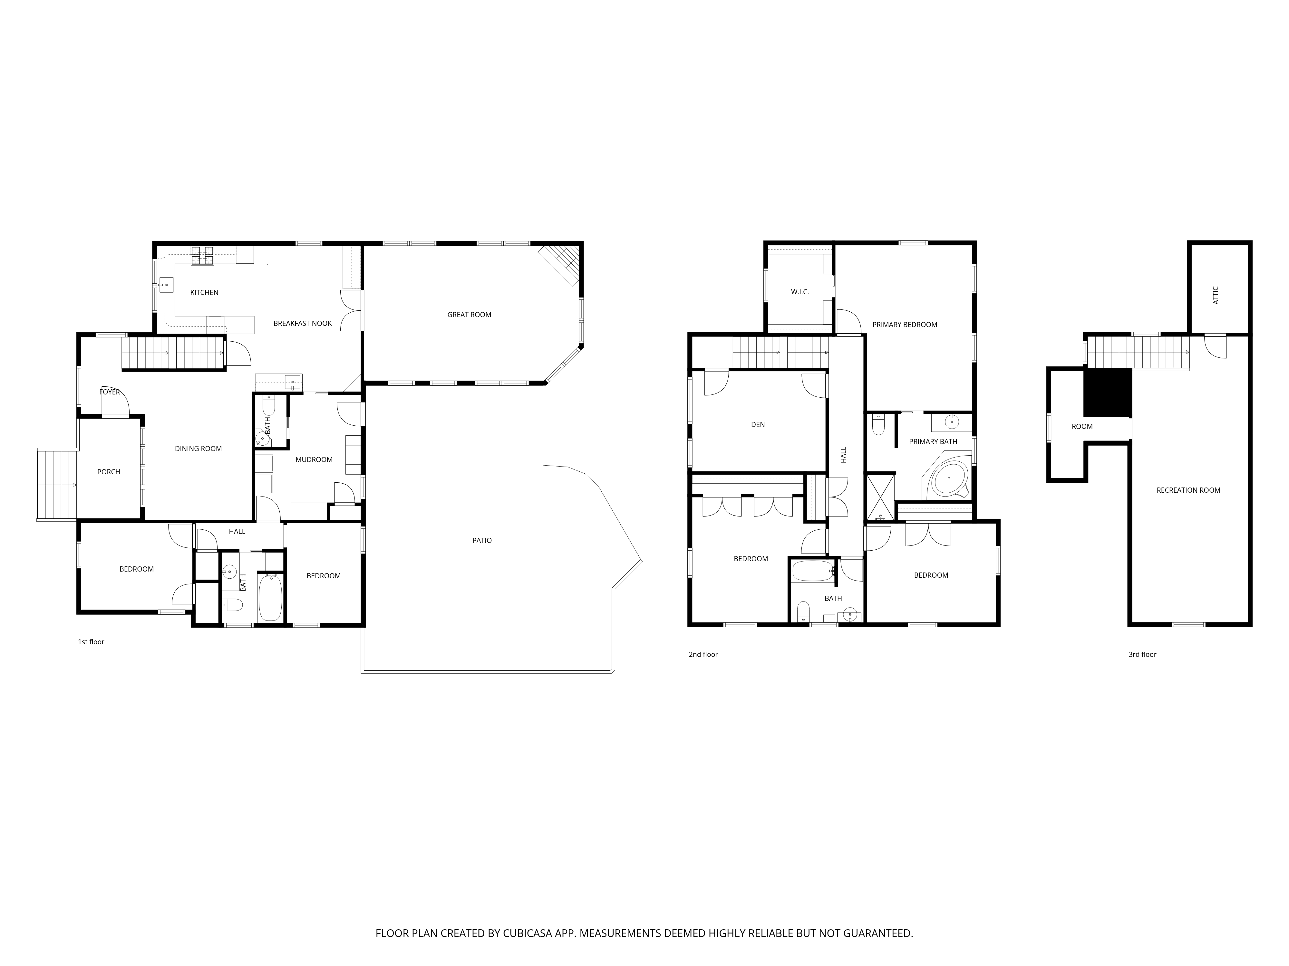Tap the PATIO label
click(482, 540)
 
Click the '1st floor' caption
click(91, 642)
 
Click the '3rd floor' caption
click(1142, 655)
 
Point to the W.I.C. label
click(800, 292)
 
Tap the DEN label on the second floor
click(758, 424)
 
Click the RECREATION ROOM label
click(1188, 490)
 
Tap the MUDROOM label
click(314, 459)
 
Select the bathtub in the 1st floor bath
click(270, 598)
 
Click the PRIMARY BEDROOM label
click(905, 325)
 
